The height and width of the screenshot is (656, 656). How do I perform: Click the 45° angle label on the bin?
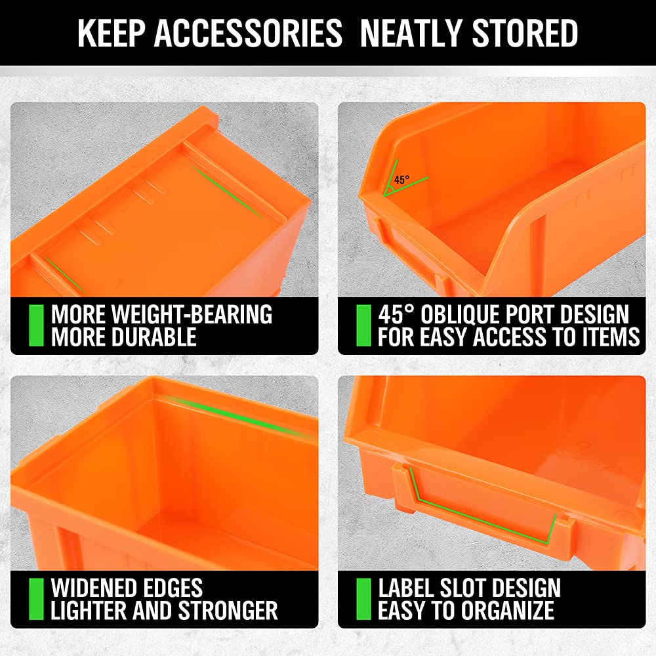click(401, 179)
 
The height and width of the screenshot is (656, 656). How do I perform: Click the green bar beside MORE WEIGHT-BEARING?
click(36, 325)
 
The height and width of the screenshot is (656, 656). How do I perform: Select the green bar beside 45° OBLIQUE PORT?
click(363, 325)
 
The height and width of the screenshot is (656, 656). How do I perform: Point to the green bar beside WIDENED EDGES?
click(36, 599)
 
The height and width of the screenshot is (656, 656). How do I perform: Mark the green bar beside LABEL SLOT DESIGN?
click(363, 599)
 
